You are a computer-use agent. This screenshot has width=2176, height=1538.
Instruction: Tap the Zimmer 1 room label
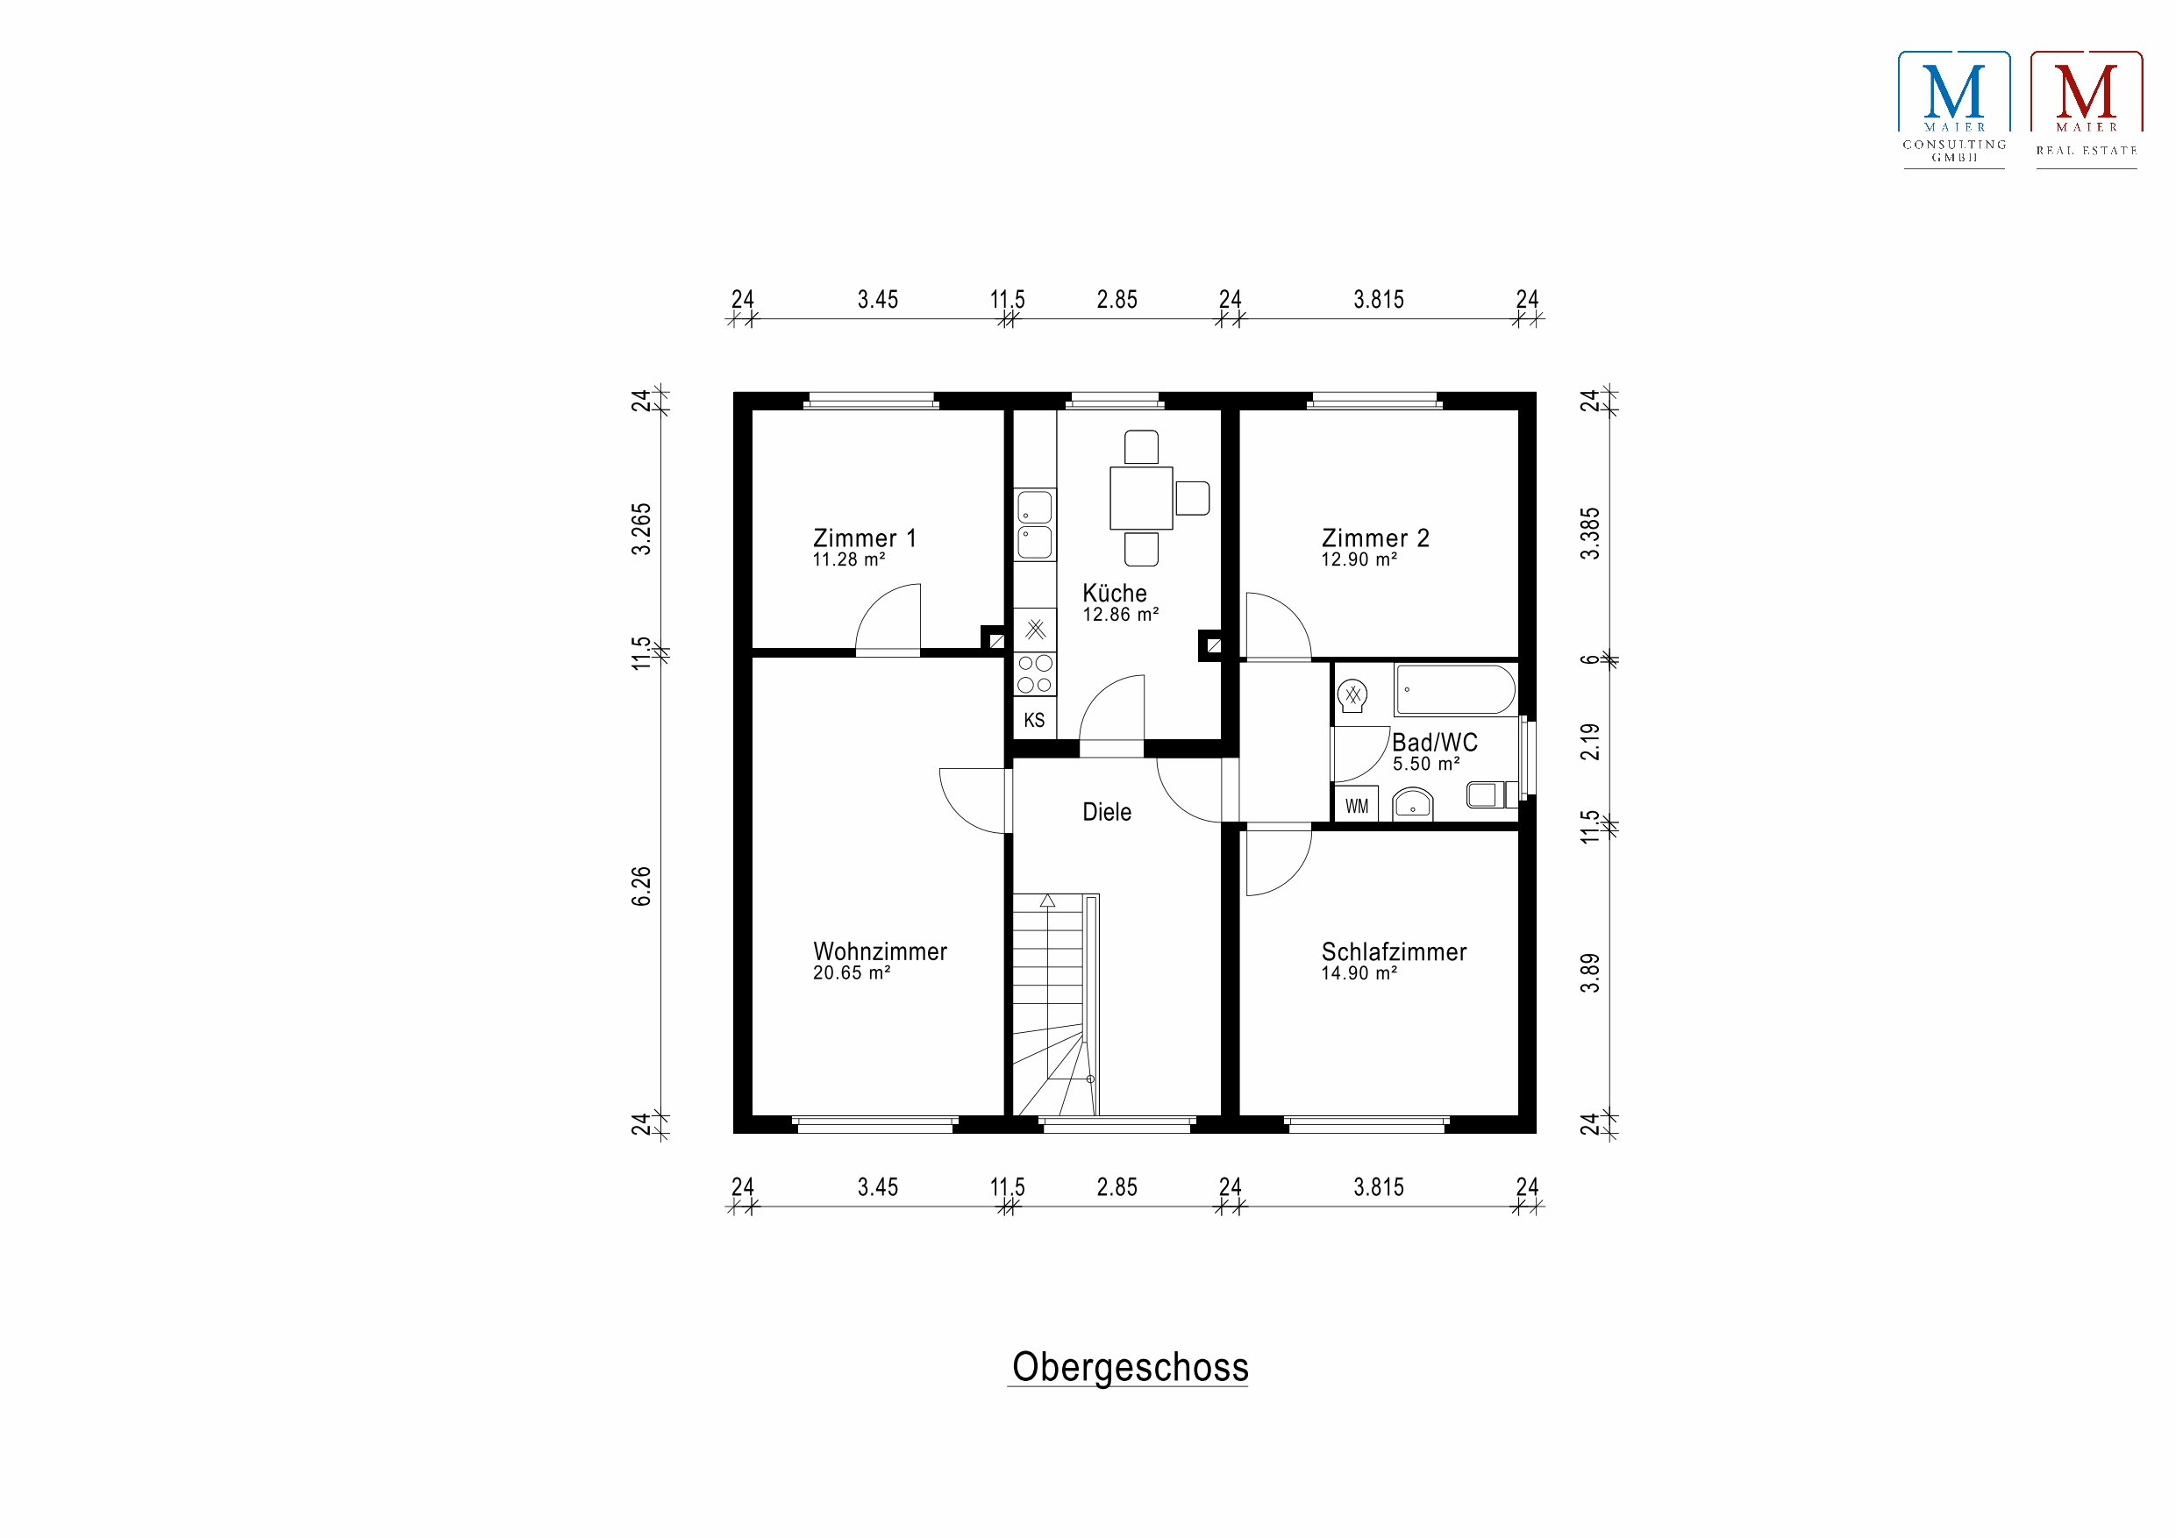864,538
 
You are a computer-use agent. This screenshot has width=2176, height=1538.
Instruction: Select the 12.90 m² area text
1358,560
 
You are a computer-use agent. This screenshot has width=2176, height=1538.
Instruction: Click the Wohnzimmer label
880,951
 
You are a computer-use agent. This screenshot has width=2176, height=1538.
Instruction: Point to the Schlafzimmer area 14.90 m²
1358,973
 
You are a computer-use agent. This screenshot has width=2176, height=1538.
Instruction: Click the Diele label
1106,812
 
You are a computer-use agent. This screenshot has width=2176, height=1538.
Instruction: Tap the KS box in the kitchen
1034,719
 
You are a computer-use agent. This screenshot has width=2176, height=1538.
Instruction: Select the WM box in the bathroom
1356,806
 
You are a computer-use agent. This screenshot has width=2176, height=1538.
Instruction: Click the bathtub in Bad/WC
1456,690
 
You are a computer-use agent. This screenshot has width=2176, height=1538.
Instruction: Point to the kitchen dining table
1141,497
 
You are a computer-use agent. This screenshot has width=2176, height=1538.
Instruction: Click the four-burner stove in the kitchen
1034,673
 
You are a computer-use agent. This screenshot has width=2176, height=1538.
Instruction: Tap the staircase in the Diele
1056,1005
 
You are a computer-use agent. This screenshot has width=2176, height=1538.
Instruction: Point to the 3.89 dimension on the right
1590,973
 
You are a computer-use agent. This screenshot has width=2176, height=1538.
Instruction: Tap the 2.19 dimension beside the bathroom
1590,742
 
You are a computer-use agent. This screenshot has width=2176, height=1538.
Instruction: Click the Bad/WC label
1434,742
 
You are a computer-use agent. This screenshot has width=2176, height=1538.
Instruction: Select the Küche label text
1115,594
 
